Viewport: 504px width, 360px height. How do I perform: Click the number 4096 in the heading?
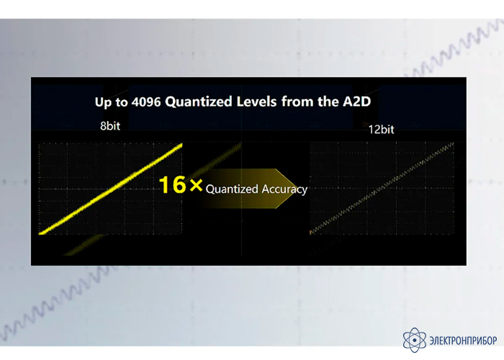click(146, 102)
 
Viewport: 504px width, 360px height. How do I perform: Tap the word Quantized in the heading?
click(198, 102)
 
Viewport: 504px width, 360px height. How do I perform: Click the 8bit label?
click(110, 126)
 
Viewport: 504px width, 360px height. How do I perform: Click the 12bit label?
click(381, 130)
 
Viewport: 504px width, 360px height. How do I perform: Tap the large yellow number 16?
click(173, 184)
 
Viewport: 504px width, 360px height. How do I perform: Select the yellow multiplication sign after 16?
click(196, 185)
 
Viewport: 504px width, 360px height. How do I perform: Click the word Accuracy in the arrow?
click(284, 189)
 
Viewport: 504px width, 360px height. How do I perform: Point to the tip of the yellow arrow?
click(297, 189)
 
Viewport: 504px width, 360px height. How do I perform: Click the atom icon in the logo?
click(415, 340)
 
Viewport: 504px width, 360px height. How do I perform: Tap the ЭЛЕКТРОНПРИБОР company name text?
click(463, 340)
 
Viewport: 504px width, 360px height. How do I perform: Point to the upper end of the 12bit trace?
click(453, 144)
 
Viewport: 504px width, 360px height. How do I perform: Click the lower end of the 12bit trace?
click(310, 232)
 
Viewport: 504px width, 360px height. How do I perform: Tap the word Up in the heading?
click(103, 102)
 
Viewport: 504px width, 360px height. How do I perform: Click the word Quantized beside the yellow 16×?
click(232, 189)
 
